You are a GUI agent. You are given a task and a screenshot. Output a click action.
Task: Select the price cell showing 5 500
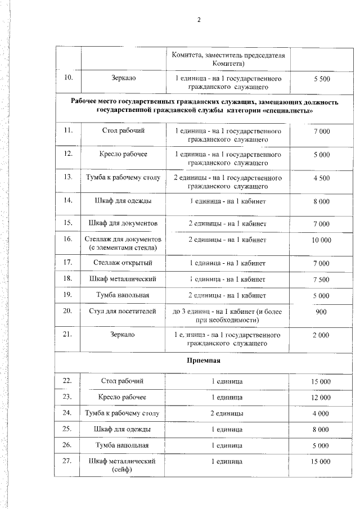[x=321, y=79]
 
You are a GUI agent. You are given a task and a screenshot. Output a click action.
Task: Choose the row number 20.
[x=68, y=310]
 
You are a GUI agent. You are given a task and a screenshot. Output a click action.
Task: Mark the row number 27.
[x=68, y=461]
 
